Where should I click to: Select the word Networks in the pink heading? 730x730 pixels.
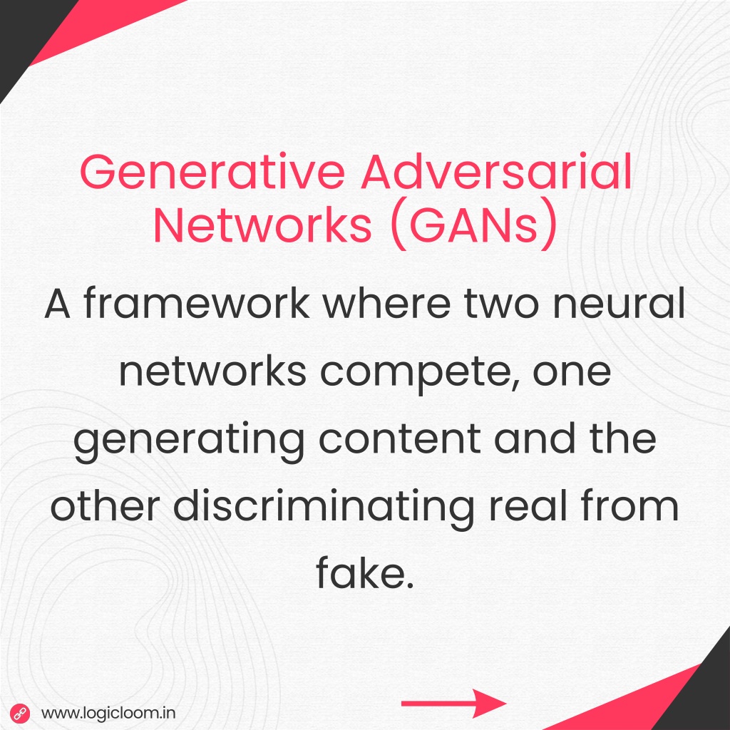coord(262,225)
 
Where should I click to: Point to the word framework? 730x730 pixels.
coord(197,303)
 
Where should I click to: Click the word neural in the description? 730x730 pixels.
coord(620,303)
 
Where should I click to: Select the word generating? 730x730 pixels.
coord(189,441)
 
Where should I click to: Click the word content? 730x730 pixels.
coord(400,439)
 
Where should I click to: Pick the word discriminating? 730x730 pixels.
coord(324,508)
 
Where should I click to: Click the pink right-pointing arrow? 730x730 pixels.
coord(454,704)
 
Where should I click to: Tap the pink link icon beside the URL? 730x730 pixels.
coord(19,713)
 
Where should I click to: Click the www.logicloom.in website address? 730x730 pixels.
coord(108,713)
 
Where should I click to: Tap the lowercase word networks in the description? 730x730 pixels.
coord(212,372)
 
